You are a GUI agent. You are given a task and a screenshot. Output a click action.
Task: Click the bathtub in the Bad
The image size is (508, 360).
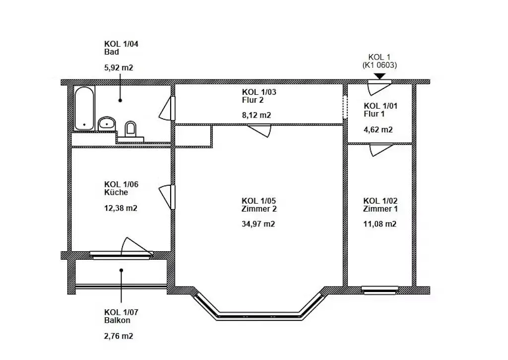(84, 108)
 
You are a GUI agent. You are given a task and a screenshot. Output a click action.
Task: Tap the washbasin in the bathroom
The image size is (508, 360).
(107, 124)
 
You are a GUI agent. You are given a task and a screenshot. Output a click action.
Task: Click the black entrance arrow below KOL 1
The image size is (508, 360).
(380, 76)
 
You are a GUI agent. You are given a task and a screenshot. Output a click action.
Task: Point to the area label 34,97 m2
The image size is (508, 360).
(258, 224)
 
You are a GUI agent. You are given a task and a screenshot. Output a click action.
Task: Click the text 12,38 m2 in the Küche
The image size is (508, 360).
(121, 208)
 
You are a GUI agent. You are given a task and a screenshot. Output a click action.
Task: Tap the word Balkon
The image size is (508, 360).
(117, 320)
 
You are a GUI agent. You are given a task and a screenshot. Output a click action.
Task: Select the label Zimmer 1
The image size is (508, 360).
(380, 209)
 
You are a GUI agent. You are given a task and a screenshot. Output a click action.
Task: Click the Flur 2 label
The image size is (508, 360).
(253, 100)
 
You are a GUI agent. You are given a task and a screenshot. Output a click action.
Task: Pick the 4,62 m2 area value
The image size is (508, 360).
(378, 130)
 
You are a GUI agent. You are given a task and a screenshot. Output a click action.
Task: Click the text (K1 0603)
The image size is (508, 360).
(380, 65)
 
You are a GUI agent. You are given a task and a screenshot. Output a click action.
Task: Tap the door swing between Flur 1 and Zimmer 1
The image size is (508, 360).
(381, 149)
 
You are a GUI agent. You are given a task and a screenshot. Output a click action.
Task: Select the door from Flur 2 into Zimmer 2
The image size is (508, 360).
(259, 131)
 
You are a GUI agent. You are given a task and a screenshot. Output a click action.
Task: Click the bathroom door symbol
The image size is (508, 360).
(167, 108)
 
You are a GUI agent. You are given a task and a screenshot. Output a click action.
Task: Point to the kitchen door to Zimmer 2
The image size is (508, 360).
(167, 197)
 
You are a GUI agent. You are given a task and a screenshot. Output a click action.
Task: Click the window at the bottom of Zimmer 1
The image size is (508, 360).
(380, 290)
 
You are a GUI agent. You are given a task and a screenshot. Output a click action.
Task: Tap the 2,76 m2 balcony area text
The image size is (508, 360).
(119, 336)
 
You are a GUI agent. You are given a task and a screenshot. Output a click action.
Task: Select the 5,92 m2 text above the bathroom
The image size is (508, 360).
(119, 68)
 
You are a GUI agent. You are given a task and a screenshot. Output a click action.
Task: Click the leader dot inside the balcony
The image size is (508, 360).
(121, 270)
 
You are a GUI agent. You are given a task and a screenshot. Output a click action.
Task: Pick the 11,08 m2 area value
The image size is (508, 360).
(380, 224)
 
